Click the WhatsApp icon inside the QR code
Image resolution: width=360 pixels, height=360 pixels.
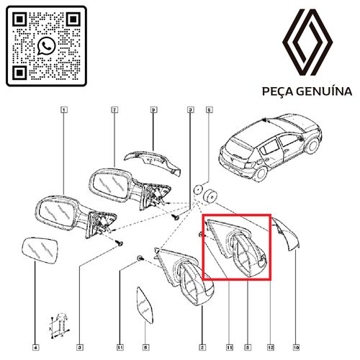click(x=46, y=45)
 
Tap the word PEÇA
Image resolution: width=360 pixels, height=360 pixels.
click(x=276, y=92)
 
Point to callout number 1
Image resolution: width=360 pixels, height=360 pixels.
click(x=64, y=110)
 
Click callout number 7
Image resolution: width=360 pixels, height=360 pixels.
click(x=114, y=110)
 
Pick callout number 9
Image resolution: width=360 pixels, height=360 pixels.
click(x=153, y=110)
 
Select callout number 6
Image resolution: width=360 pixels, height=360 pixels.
click(x=209, y=110)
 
